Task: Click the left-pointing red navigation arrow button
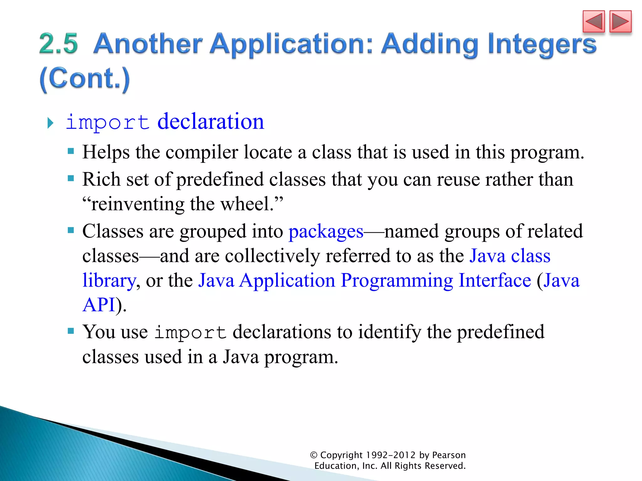(593, 22)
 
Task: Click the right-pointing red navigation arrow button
(620, 22)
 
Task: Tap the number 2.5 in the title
(58, 44)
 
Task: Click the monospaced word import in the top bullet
(107, 122)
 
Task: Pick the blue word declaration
(211, 122)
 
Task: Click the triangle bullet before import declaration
(50, 123)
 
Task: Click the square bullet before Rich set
(71, 178)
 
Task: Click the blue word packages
(326, 232)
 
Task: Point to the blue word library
(109, 280)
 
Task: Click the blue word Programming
(397, 280)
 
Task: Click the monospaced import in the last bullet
(190, 333)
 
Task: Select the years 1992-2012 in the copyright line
(391, 455)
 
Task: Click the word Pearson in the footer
(449, 455)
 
